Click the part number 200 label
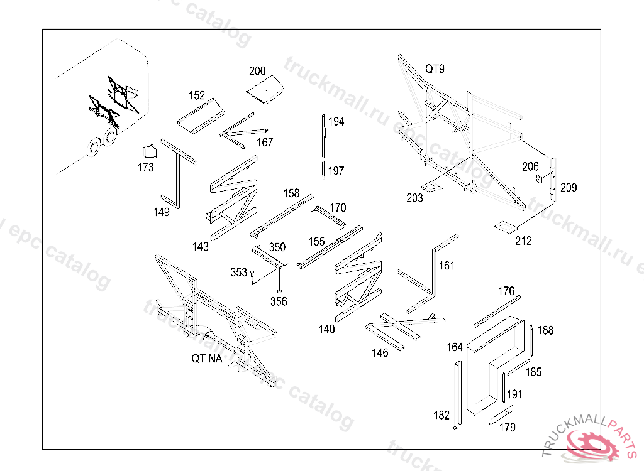click(x=258, y=71)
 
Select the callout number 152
click(x=197, y=95)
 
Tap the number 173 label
click(x=145, y=168)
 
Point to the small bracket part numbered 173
click(x=149, y=151)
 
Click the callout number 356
click(x=279, y=302)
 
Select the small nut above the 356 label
click(x=279, y=291)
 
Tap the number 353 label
click(x=239, y=272)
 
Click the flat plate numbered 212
click(x=506, y=226)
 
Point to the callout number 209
click(x=569, y=188)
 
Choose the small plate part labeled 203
click(x=431, y=187)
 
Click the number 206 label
click(x=531, y=166)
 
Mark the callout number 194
click(x=336, y=122)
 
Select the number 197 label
click(x=336, y=171)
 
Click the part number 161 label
click(x=447, y=266)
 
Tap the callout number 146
click(x=380, y=353)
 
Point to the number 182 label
click(x=441, y=415)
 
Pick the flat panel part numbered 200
click(x=264, y=89)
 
